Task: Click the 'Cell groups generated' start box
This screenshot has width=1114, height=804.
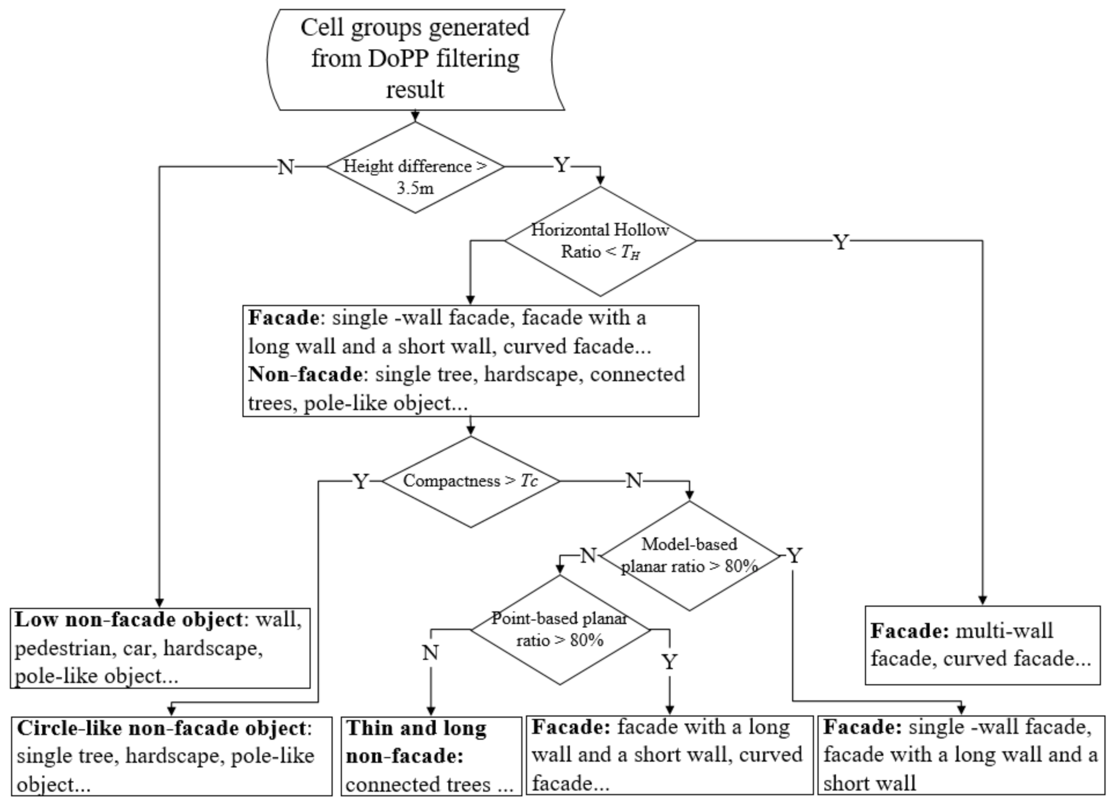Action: pos(415,59)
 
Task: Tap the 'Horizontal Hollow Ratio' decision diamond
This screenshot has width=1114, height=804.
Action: pos(600,241)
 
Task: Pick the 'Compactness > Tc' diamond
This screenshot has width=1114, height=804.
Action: pos(470,481)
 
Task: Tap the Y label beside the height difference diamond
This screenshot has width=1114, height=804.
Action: pos(562,165)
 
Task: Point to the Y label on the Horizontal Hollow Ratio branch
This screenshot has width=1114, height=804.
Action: pos(841,242)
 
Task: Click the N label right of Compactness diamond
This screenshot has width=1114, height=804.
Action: pos(633,480)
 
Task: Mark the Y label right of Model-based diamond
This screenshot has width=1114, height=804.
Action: pos(794,556)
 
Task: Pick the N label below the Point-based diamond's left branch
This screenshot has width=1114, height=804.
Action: pos(430,653)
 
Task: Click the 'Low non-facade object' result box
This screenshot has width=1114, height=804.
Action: pos(160,648)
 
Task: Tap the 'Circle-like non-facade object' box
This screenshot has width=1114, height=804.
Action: pos(171,756)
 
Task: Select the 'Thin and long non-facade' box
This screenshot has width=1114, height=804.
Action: pos(431,756)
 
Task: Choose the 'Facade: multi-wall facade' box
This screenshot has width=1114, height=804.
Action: pos(982,645)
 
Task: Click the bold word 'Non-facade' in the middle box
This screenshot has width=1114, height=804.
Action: pos(305,375)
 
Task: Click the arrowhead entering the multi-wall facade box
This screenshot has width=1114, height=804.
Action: pos(982,600)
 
